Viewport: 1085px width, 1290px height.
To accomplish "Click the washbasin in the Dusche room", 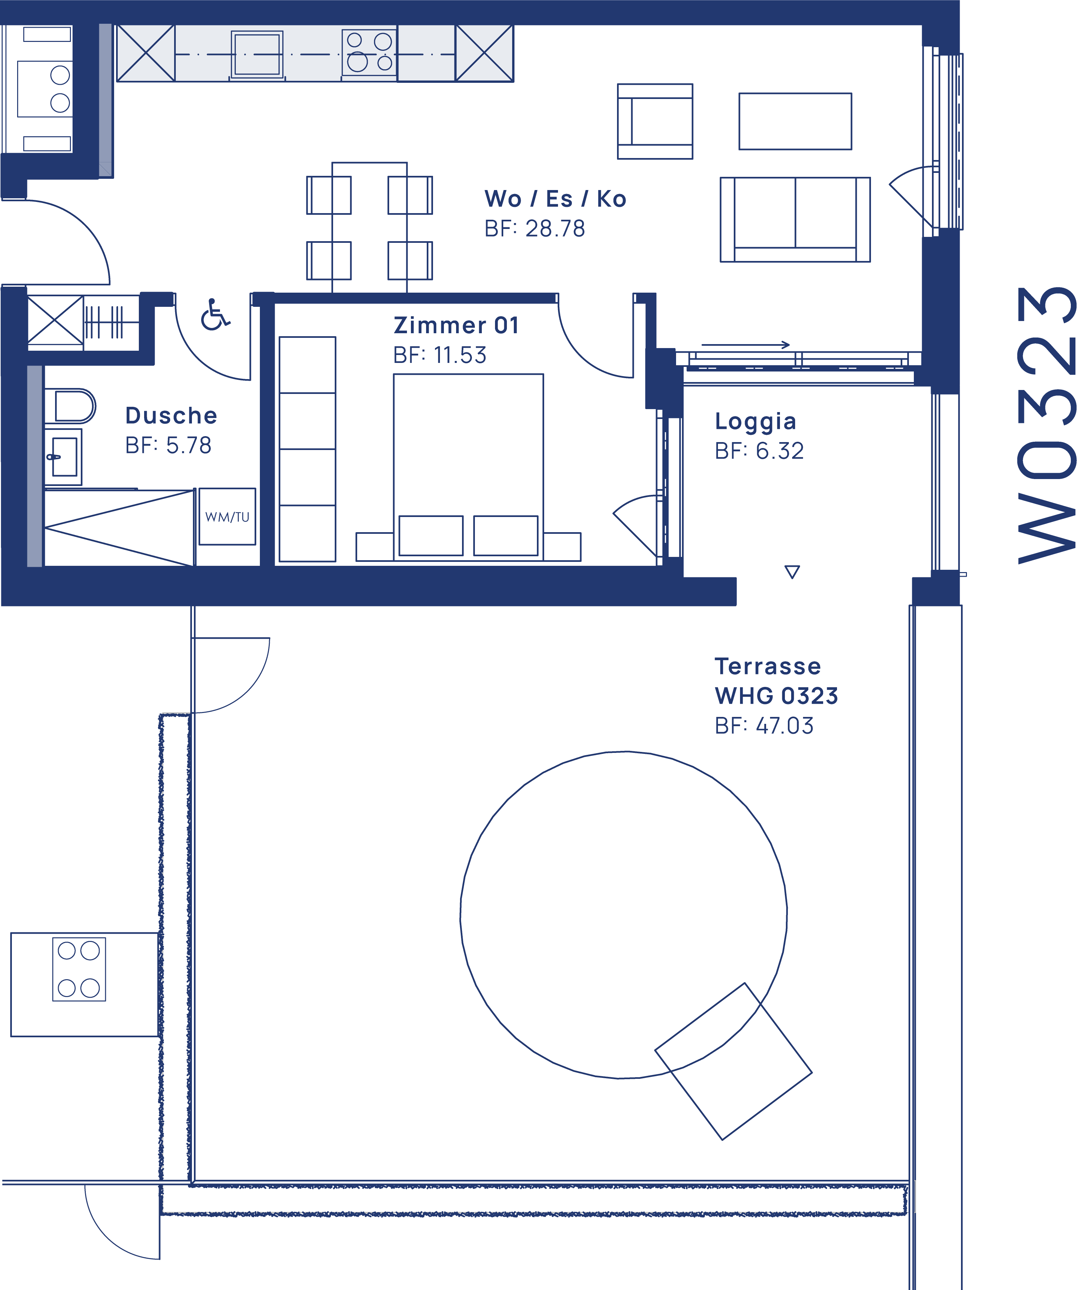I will click(x=64, y=457).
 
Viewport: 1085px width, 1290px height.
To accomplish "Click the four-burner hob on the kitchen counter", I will click(x=369, y=52).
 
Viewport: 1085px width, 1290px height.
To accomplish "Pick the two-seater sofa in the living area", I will click(x=795, y=220).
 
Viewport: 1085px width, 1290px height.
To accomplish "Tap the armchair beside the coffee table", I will click(x=655, y=121).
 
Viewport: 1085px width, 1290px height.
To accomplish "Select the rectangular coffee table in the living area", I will click(x=795, y=121).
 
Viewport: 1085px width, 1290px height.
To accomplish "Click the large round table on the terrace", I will click(x=623, y=915).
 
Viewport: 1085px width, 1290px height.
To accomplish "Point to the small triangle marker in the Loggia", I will click(x=791, y=572).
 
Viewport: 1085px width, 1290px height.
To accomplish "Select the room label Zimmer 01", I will click(x=456, y=325).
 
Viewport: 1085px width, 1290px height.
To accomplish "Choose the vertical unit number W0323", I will click(x=1046, y=425).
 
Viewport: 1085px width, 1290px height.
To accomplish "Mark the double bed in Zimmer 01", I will click(x=468, y=468).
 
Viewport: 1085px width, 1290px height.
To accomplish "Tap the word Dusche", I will click(x=171, y=416).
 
